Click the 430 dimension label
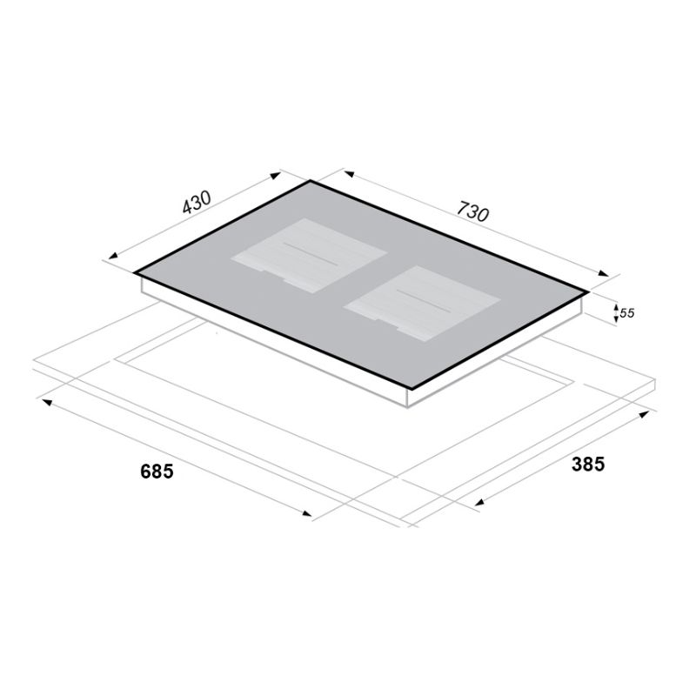197,203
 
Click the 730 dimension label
473,211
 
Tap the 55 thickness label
626,313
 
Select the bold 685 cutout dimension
157,471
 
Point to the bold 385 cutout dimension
588,464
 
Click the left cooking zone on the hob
309,255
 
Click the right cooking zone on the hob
422,303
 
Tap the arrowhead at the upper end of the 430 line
276,176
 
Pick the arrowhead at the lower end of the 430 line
113,255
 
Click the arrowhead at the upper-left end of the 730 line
349,173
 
